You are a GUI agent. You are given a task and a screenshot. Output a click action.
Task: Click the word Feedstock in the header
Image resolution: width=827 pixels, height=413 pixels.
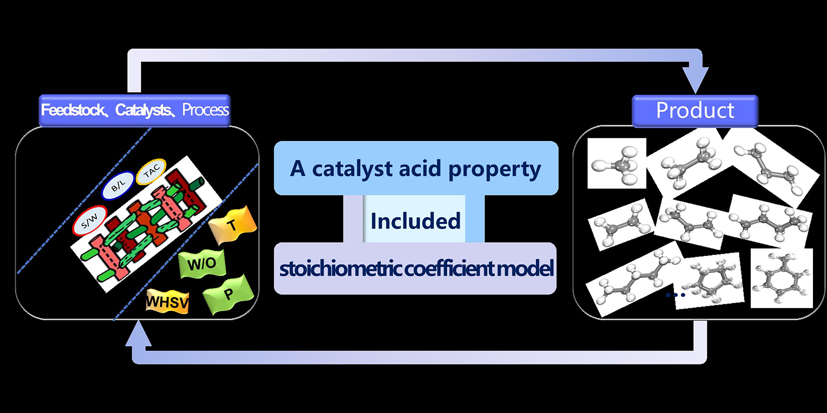point(72,110)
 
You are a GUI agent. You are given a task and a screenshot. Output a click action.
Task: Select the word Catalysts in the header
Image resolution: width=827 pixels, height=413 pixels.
point(143,110)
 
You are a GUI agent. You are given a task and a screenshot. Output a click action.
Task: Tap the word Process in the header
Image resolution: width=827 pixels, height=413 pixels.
point(205,110)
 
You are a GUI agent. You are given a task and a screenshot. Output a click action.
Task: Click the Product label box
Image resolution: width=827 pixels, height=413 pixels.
point(695,111)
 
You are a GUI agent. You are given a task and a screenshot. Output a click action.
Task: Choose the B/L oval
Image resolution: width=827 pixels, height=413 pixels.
point(118,186)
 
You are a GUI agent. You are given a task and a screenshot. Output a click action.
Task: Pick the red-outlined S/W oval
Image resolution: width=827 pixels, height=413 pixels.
point(90,221)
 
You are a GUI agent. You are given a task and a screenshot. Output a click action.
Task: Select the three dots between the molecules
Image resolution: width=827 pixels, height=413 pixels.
point(675,295)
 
